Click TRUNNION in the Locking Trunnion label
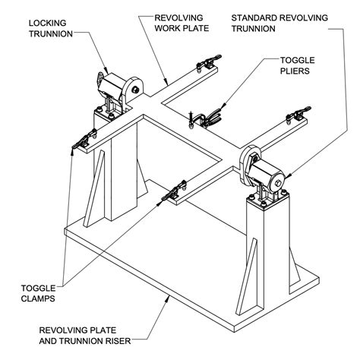coord(52,34)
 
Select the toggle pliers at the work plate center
coord(204,117)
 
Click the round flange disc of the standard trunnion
coord(248,163)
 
